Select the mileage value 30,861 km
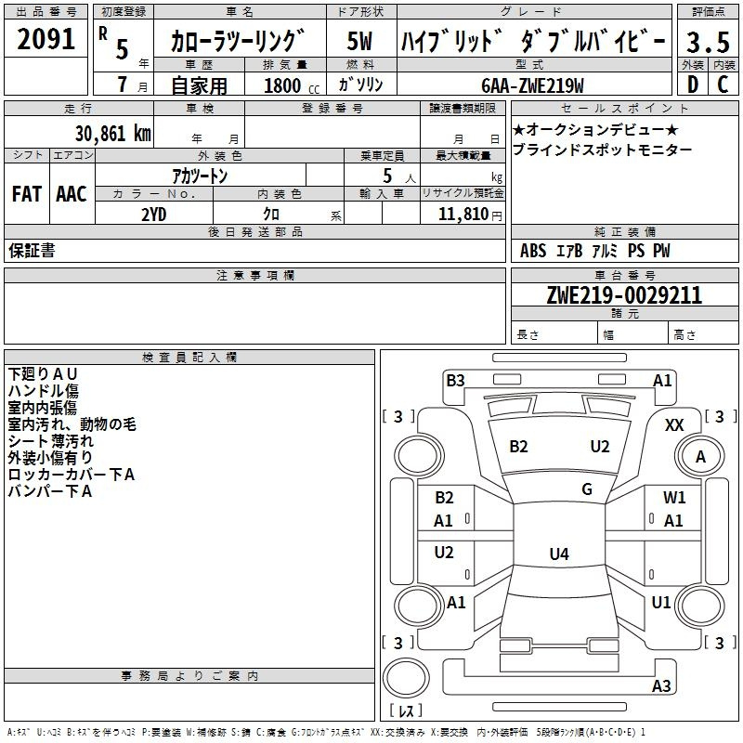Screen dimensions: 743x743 (x=111, y=133)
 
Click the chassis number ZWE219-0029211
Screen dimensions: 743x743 (x=623, y=295)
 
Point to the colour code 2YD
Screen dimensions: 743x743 (x=153, y=213)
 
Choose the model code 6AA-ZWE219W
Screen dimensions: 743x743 (x=532, y=85)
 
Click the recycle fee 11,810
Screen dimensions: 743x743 (x=462, y=213)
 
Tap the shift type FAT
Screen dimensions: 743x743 (x=26, y=194)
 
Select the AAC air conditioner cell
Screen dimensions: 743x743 (x=71, y=194)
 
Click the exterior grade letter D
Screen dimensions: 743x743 (x=692, y=85)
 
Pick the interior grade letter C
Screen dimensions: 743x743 (x=723, y=85)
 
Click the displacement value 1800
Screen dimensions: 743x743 (x=282, y=86)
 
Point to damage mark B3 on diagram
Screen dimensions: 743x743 (x=455, y=380)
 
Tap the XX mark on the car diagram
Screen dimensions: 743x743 (x=675, y=424)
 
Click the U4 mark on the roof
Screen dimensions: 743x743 (x=558, y=554)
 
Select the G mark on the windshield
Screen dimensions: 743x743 (x=587, y=489)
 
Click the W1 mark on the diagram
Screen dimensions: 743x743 (x=674, y=498)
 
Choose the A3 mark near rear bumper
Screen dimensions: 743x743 (x=661, y=686)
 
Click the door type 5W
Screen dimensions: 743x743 (x=359, y=41)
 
